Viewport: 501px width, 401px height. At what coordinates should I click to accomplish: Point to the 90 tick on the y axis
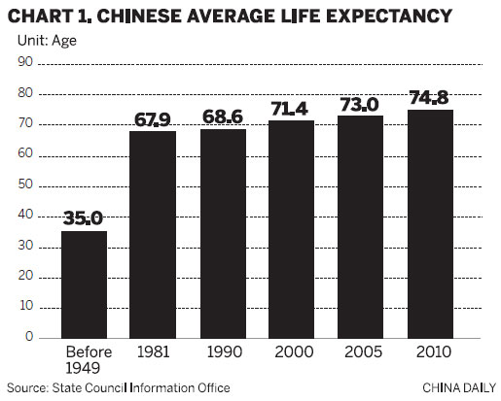click(x=26, y=62)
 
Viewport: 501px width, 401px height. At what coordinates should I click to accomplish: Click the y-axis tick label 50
click(x=26, y=184)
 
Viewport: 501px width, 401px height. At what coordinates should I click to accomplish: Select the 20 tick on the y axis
click(x=26, y=276)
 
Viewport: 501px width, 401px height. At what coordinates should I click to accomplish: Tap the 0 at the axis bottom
click(x=29, y=337)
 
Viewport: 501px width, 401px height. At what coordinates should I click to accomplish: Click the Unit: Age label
click(x=50, y=41)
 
